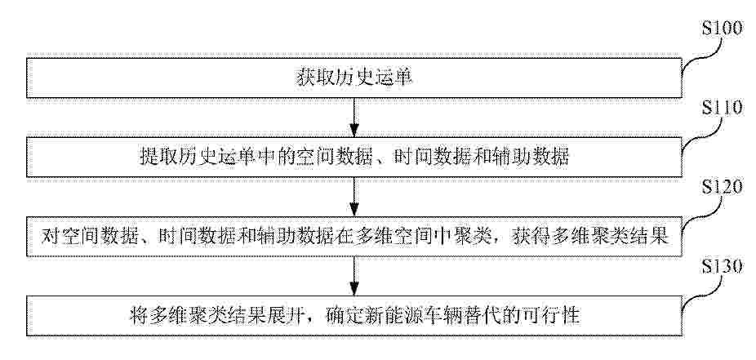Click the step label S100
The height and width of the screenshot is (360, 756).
pos(722,29)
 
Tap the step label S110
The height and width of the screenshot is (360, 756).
pos(722,109)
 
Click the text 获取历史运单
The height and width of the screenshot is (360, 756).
pos(354,78)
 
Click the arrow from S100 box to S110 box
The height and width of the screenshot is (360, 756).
pos(354,118)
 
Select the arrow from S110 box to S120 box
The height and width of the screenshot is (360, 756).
pos(354,197)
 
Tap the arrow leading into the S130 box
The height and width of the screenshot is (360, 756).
pos(354,276)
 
